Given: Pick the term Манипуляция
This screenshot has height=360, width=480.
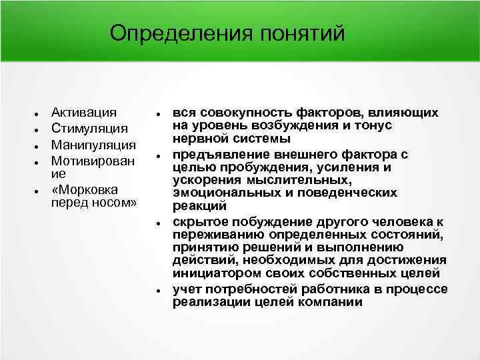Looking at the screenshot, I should coord(94,145).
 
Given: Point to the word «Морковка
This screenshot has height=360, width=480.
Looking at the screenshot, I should coord(85,189).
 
